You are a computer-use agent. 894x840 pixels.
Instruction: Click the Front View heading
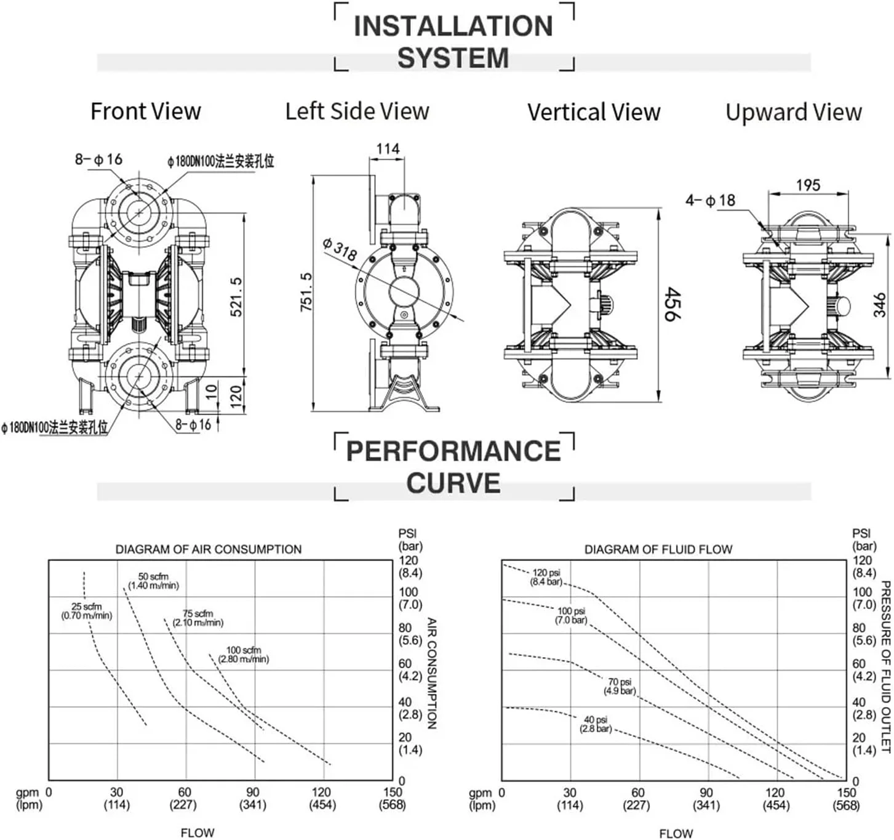click(x=146, y=111)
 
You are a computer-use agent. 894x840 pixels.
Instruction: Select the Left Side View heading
click(x=357, y=111)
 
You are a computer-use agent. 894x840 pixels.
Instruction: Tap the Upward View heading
click(x=793, y=113)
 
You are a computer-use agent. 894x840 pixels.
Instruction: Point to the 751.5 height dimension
click(x=306, y=292)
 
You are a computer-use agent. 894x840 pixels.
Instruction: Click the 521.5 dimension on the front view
click(x=236, y=297)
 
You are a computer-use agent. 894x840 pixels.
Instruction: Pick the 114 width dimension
click(x=388, y=149)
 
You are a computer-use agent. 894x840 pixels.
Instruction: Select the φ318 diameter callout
click(x=340, y=249)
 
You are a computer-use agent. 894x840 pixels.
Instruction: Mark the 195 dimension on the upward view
click(x=807, y=185)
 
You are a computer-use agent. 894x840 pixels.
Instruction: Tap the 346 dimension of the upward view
click(x=880, y=305)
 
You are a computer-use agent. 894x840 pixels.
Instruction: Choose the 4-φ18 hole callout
click(x=710, y=201)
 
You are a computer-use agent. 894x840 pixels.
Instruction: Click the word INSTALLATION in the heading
click(x=453, y=26)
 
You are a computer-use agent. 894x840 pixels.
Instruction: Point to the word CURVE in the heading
click(x=453, y=483)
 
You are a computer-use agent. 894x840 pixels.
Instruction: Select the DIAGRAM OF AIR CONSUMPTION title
click(x=209, y=549)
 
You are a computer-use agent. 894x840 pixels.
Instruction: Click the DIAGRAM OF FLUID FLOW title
click(x=658, y=549)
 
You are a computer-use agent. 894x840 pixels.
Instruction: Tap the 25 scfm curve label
click(x=87, y=611)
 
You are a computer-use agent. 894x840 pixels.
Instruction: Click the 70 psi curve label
click(x=620, y=686)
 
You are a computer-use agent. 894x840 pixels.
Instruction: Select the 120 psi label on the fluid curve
click(x=546, y=577)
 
